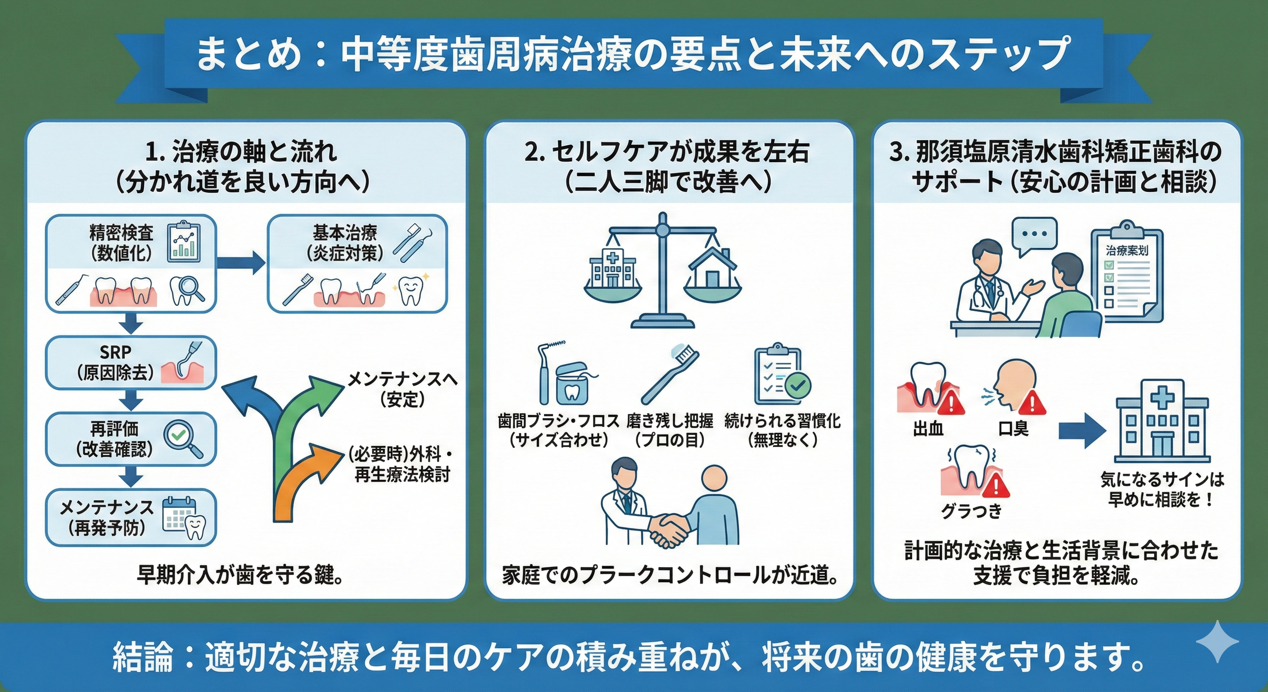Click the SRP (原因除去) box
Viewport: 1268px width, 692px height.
click(x=131, y=363)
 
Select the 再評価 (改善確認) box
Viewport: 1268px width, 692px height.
click(x=131, y=439)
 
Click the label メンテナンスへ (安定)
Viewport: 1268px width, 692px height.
click(x=402, y=389)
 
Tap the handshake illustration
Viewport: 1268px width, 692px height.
click(x=670, y=527)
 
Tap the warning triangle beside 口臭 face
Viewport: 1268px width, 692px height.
click(x=1033, y=403)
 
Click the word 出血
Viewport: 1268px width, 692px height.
click(x=928, y=429)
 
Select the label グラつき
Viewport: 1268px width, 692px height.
click(x=972, y=511)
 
